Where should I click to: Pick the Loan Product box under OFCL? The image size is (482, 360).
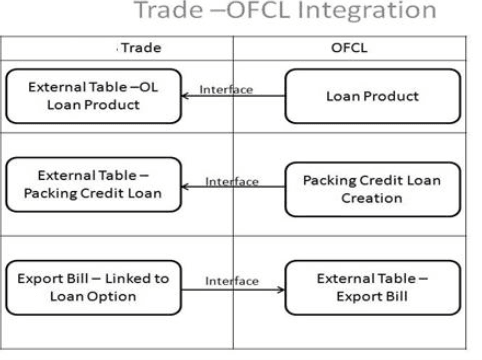372,96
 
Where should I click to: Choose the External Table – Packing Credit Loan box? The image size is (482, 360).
94,184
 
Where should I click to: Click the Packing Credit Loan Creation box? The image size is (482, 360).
372,188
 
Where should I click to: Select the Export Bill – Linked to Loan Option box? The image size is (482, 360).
94,287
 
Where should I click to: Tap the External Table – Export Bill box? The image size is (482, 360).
372,287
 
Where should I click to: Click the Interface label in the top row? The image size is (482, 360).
226,89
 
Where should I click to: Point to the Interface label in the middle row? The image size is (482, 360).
232,181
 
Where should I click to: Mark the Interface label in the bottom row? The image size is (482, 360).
232,281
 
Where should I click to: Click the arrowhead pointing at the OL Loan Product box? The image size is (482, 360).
188,96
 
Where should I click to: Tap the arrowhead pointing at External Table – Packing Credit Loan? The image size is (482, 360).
188,187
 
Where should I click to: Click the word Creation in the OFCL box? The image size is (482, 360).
372,198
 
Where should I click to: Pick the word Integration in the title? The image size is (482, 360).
358,13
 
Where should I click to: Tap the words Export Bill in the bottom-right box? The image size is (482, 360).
373,296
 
